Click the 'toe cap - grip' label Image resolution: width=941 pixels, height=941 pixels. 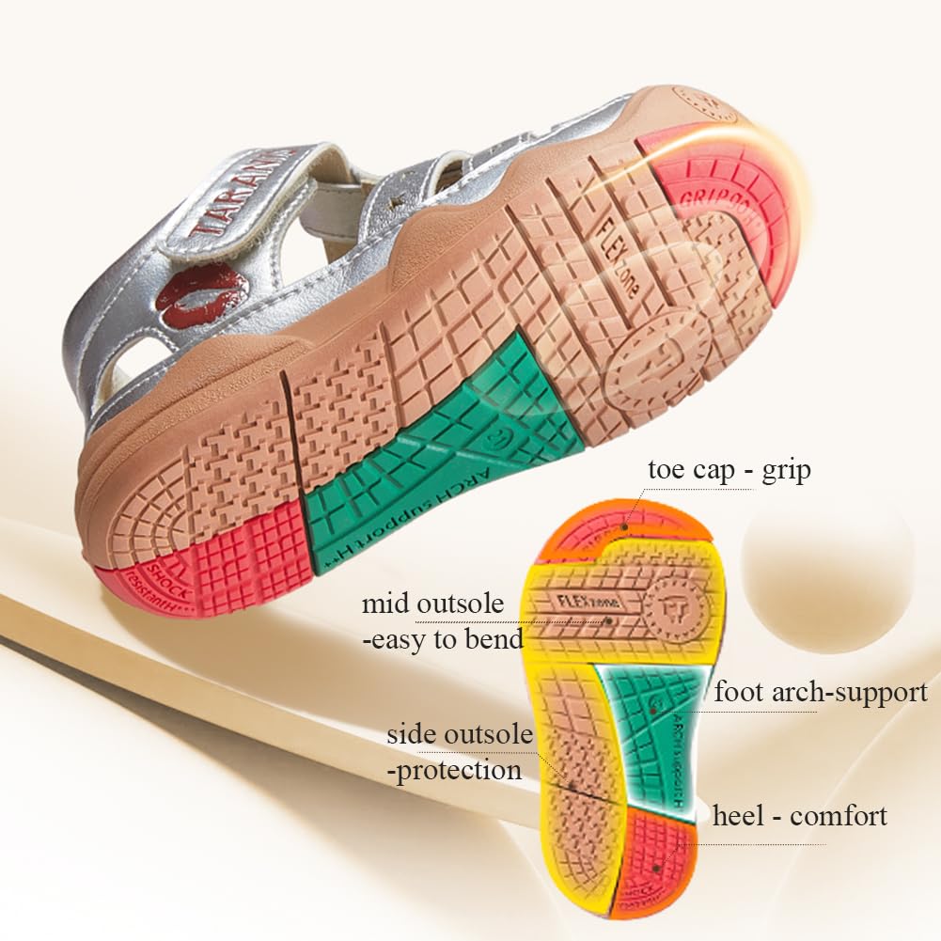(729, 470)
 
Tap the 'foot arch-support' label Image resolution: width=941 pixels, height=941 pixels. (821, 693)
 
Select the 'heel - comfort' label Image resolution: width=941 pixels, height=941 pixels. (799, 815)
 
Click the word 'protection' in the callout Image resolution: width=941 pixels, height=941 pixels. (457, 771)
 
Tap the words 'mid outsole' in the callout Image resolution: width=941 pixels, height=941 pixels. (433, 604)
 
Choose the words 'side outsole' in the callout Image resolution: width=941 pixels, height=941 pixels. (460, 734)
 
